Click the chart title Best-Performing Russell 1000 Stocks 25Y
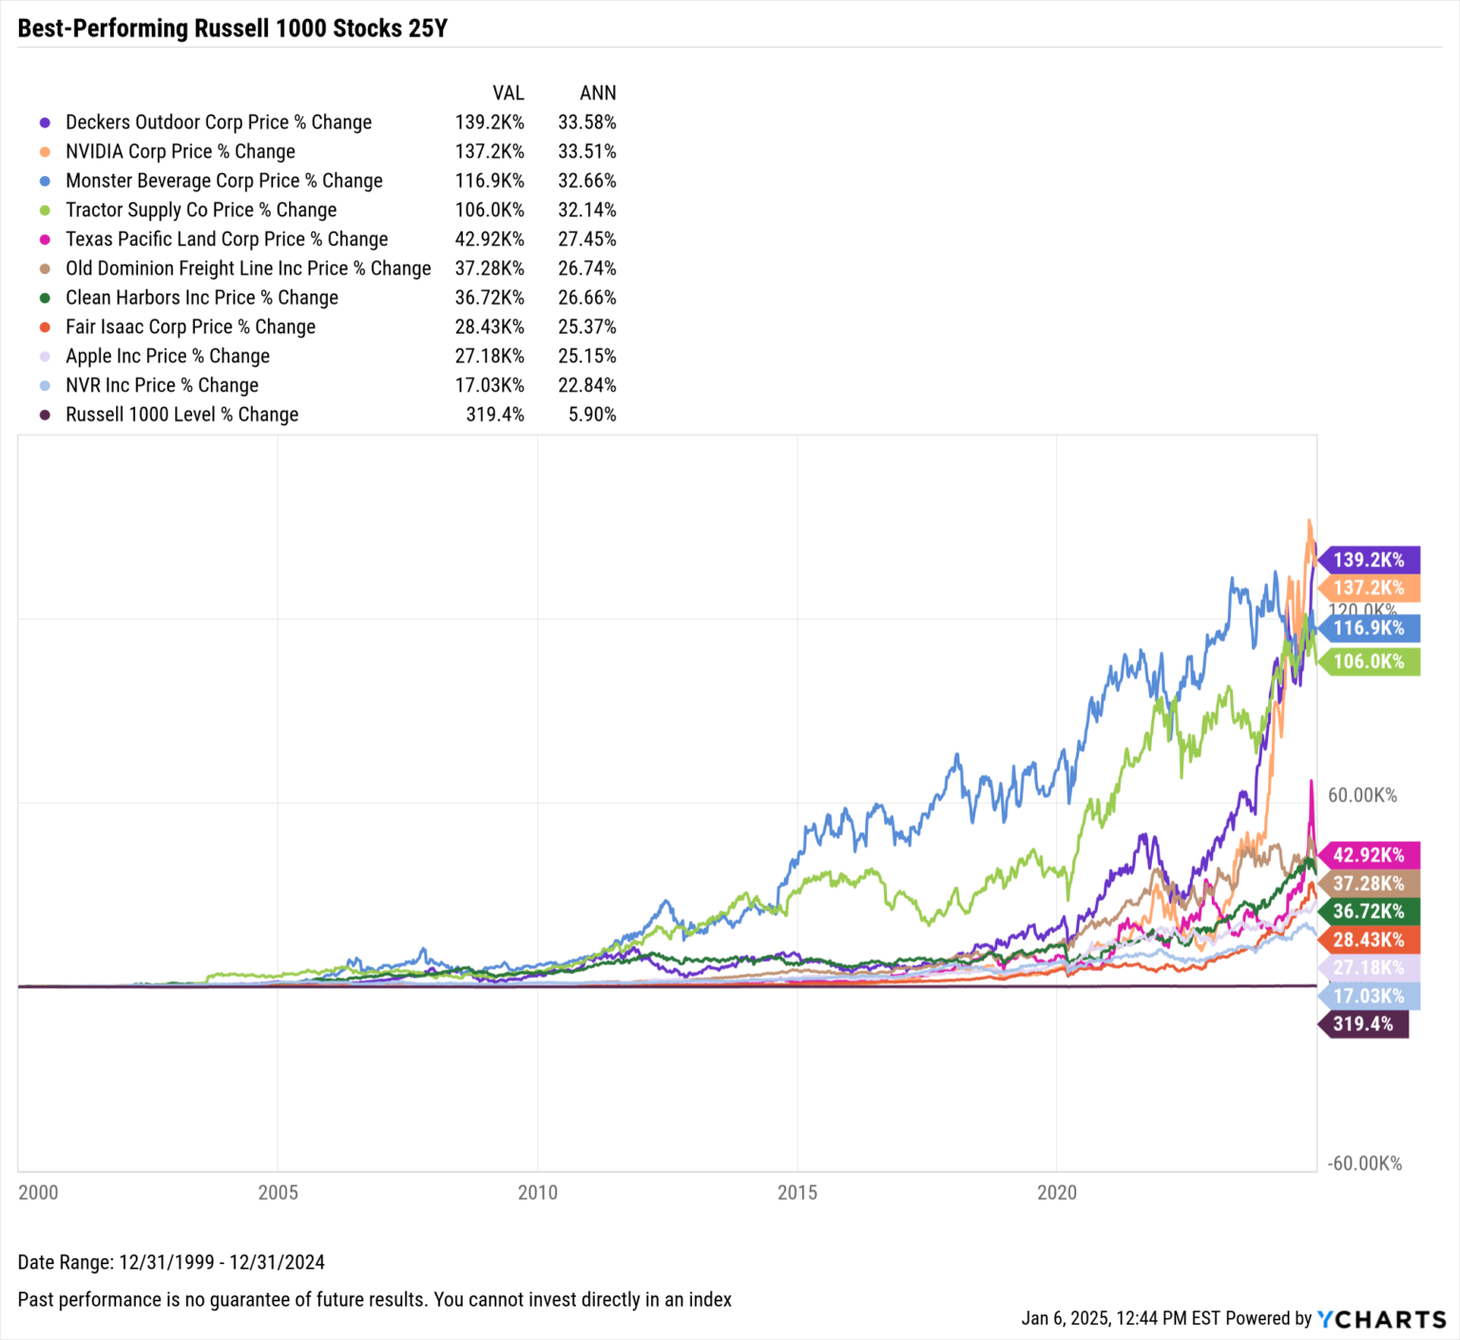232,29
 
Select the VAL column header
508,93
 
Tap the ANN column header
598,93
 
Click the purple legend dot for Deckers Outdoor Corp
45,123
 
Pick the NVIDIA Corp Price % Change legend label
180,152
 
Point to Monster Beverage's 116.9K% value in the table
489,181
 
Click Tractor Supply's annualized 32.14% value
586,210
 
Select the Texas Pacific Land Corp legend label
226,240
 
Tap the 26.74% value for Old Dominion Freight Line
586,269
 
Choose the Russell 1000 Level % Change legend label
182,416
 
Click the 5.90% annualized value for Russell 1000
591,416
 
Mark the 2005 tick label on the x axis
278,1193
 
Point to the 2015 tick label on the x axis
797,1193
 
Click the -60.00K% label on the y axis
1364,1164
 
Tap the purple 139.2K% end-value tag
1369,560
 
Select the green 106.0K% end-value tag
1369,662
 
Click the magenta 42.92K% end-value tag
1369,855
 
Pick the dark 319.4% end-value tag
1363,1024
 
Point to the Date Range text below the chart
171,1263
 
